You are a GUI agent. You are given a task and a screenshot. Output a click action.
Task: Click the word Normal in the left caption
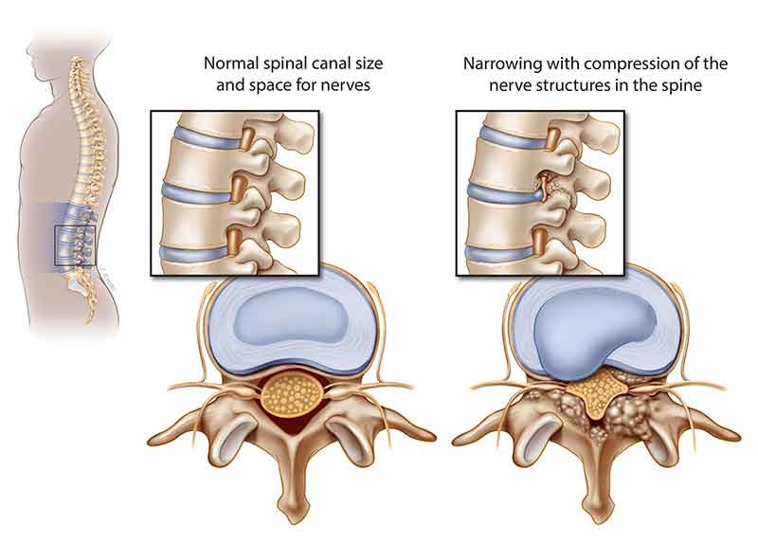[231, 63]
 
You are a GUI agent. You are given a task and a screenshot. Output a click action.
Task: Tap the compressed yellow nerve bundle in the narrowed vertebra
[596, 391]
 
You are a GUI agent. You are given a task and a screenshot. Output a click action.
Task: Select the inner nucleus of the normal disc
[291, 317]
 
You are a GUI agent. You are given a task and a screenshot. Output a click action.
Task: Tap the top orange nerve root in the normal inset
[248, 138]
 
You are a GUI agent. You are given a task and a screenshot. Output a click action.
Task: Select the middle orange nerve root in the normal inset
[239, 190]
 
